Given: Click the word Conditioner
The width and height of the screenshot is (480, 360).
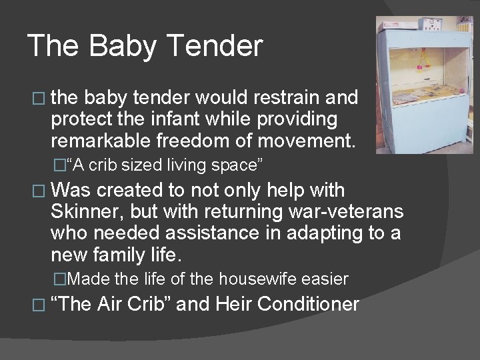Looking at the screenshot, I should [x=308, y=304].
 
